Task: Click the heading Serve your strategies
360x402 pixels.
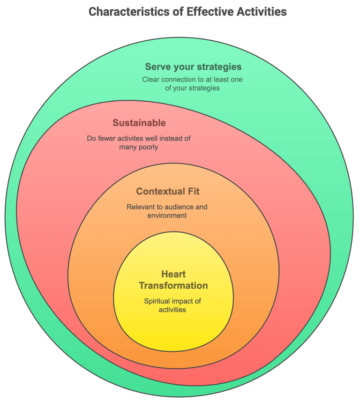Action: click(193, 67)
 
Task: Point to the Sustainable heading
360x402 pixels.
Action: click(139, 123)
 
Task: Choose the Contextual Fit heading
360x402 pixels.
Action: click(168, 191)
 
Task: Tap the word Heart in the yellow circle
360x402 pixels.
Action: click(173, 274)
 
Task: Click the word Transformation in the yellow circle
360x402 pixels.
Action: click(173, 286)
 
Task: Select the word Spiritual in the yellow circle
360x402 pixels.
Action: click(157, 301)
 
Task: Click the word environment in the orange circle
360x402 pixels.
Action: click(167, 216)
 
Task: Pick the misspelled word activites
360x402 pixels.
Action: click(128, 138)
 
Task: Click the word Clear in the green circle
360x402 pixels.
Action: click(151, 80)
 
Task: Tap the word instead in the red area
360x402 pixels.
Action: click(171, 138)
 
